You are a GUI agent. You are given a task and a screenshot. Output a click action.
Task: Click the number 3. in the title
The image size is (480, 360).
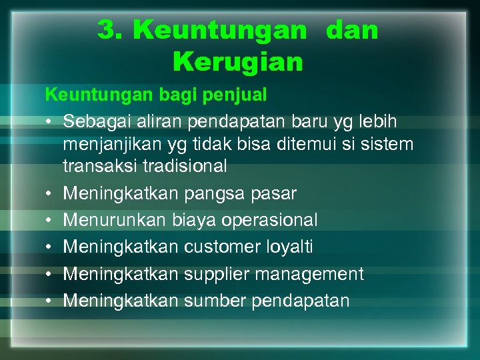[111, 30]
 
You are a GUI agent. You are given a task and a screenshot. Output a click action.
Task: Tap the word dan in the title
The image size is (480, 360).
[352, 30]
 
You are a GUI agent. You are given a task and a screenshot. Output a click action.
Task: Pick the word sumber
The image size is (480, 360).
[215, 301]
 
